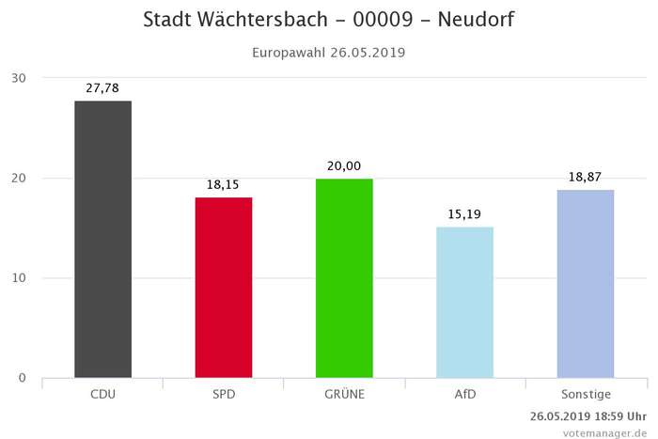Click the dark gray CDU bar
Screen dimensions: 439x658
102,239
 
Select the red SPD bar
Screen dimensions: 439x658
224,288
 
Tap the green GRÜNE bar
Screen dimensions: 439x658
344,278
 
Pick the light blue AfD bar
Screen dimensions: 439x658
465,302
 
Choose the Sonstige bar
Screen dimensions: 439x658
586,284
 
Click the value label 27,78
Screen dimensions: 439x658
102,86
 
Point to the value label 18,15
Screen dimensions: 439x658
224,183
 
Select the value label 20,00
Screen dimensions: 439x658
344,165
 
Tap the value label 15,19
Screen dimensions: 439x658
465,213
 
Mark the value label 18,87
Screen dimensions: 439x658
586,176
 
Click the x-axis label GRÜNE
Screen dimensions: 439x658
344,394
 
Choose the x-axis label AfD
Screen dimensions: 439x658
465,394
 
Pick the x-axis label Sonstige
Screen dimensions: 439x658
586,394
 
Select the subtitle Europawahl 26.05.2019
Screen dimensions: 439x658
329,53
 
